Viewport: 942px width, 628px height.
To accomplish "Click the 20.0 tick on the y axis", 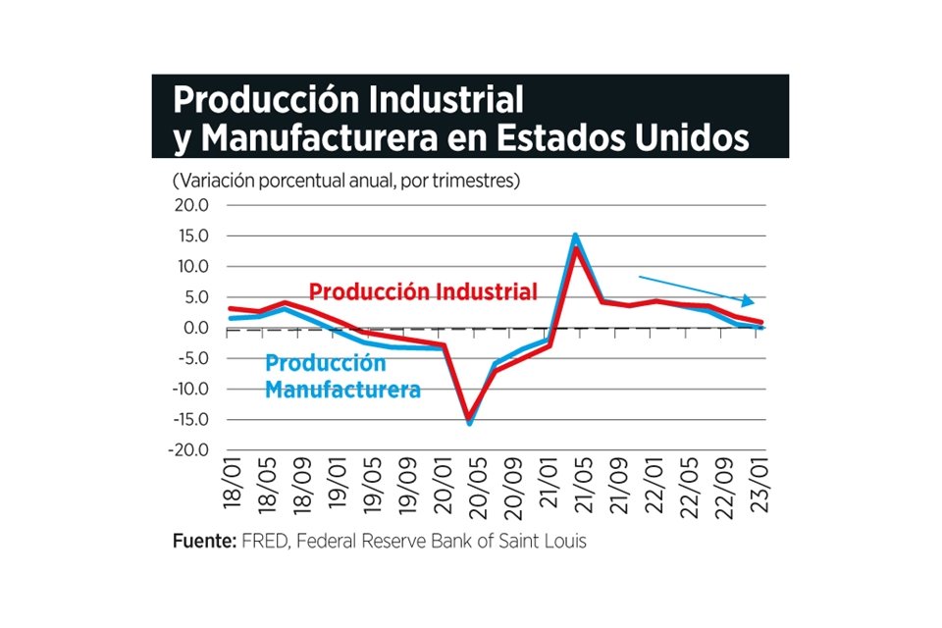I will coord(191,205).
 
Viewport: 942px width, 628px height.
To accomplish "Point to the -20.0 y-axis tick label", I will coord(188,450).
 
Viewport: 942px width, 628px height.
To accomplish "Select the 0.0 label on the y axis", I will coord(196,328).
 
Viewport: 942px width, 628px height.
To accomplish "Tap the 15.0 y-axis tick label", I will coord(191,235).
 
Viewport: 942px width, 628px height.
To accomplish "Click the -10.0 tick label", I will coord(188,389).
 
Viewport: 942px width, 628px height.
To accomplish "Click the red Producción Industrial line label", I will coord(423,291).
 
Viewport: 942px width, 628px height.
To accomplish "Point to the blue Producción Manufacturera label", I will coord(342,376).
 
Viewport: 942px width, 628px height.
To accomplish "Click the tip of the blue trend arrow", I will coord(754,302).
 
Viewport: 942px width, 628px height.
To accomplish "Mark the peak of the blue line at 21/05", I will coord(575,235).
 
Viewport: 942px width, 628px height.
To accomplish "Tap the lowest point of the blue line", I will coord(469,423).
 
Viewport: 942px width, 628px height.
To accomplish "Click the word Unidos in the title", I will coord(680,137).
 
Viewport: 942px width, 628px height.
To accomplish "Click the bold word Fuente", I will coord(203,541).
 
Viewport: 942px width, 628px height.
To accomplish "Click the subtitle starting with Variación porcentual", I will coord(345,182).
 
